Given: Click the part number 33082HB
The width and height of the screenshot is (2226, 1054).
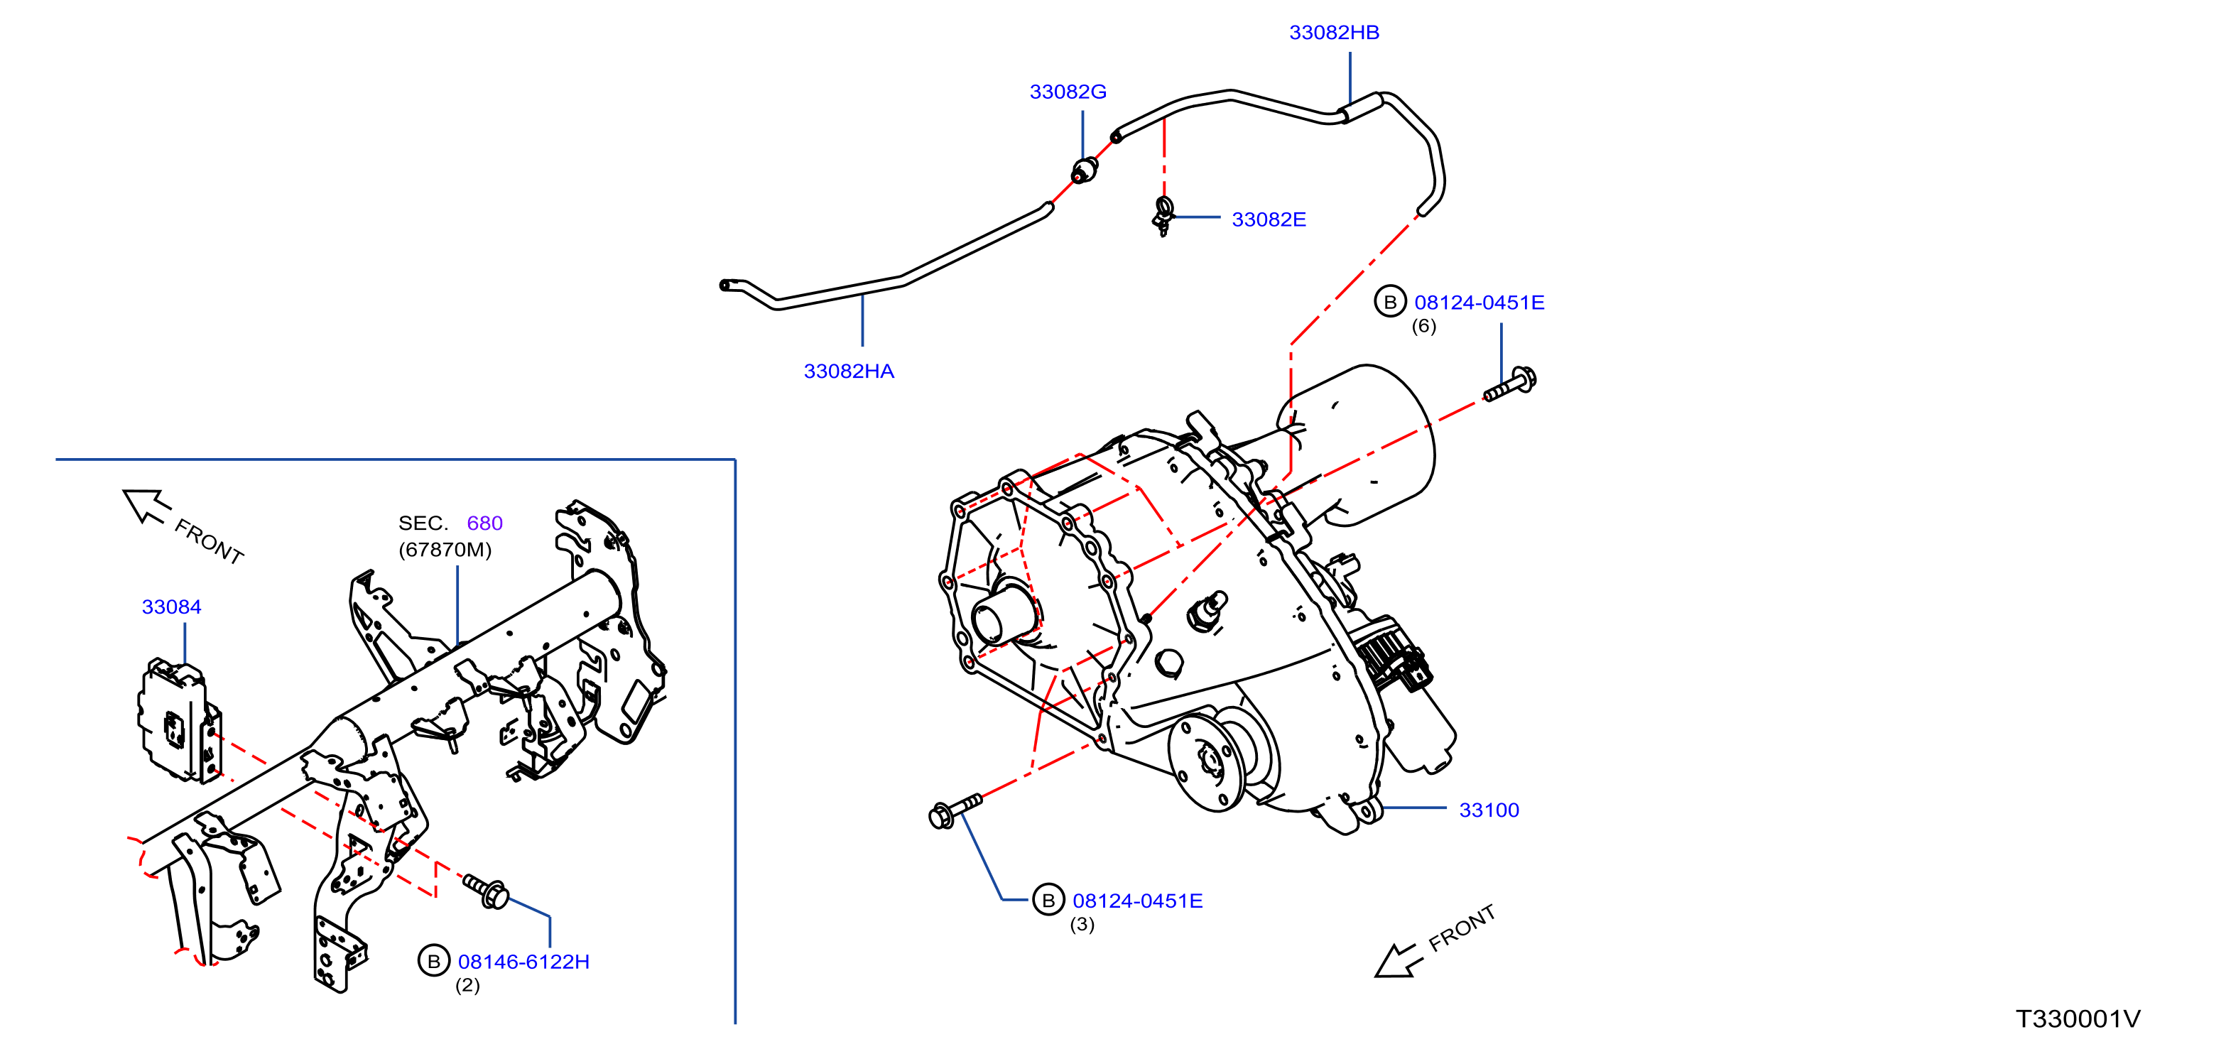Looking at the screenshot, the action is coord(1334,32).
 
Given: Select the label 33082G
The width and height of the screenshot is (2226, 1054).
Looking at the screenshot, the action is coord(1068,92).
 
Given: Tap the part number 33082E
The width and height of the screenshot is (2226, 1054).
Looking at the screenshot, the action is coord(1269,219).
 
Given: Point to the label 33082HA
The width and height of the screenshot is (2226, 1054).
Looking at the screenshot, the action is coord(849,371).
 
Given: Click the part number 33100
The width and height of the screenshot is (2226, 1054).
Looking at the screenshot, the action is coord(1489,810).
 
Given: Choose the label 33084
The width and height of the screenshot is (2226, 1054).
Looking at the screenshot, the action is coord(171,607).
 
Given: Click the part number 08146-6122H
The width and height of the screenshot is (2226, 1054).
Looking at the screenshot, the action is coord(523,962).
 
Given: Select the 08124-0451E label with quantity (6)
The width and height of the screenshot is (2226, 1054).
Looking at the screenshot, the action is coord(1480,303).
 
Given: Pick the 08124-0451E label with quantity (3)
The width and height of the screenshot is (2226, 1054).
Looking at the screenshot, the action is coord(1137,901).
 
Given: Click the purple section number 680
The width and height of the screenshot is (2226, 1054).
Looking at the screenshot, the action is coord(485,523).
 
